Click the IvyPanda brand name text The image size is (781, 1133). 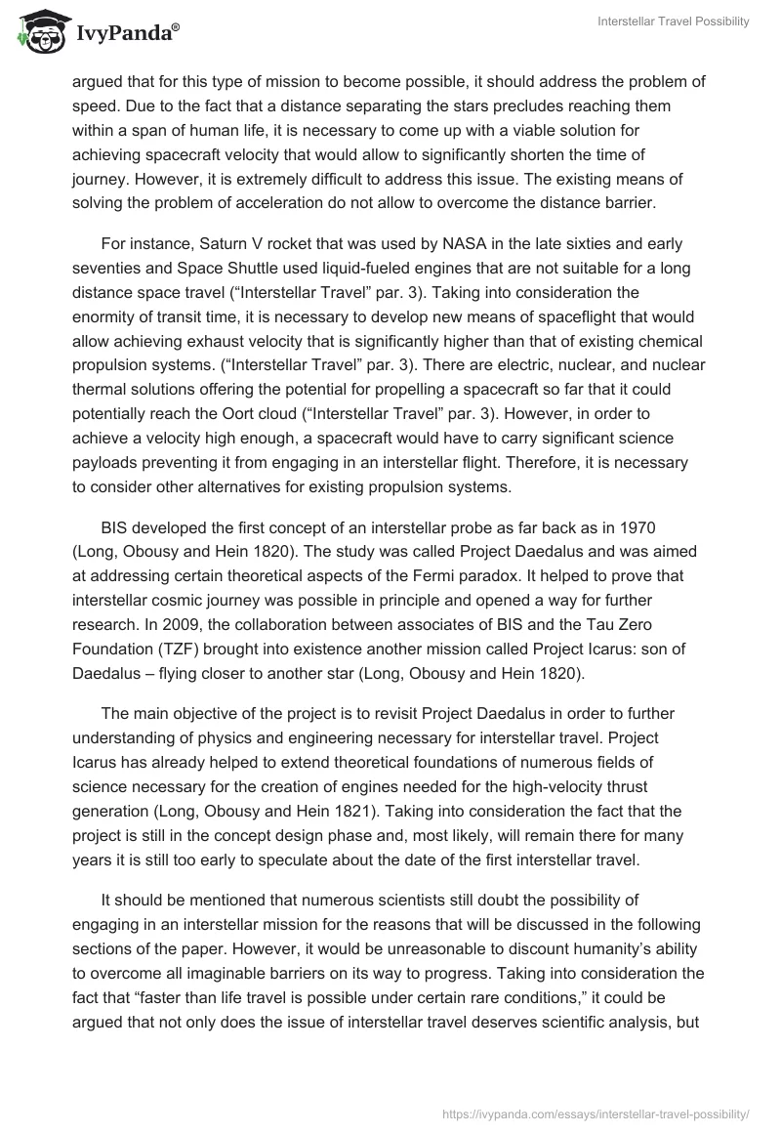click(122, 35)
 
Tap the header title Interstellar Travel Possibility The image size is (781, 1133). click(673, 21)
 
